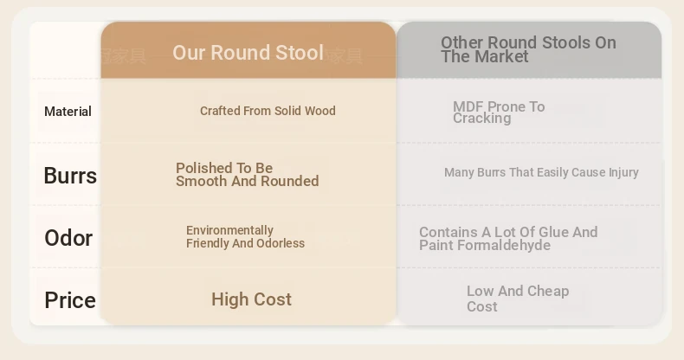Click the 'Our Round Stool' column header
coord(248,53)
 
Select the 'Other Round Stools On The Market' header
coord(528,49)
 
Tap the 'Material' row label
coord(68,112)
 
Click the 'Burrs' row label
coord(70,176)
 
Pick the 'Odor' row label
coord(68,238)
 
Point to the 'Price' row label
coord(70,300)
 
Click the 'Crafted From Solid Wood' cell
coord(268,111)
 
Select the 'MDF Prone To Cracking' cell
coord(499,112)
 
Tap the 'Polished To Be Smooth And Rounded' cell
coord(248,174)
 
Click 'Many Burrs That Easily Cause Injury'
coord(541,172)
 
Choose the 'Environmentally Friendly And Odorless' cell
coord(245,236)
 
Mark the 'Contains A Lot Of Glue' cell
coord(508,238)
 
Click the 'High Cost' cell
coord(251,299)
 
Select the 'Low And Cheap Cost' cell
coord(518,299)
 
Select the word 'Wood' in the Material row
coord(320,111)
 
